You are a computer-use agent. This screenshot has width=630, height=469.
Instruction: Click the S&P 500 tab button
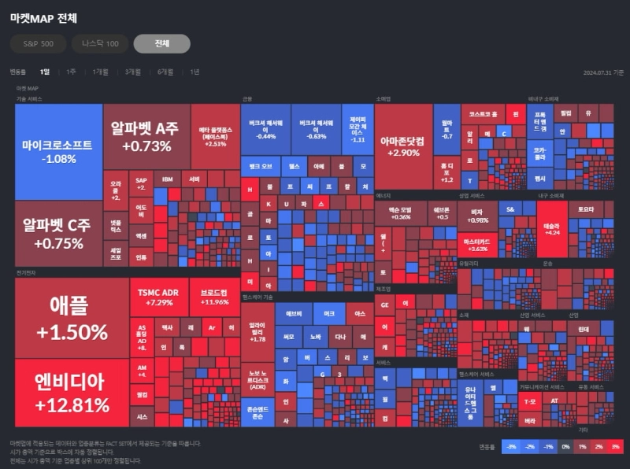pos(38,43)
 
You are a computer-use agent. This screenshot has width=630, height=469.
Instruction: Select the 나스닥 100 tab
pos(100,43)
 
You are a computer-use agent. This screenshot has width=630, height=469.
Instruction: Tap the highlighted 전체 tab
pos(161,43)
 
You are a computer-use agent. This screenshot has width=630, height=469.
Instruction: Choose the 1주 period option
pos(71,72)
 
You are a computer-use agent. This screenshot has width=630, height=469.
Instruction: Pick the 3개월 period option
pos(132,72)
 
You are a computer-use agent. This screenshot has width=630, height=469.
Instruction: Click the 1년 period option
pos(195,72)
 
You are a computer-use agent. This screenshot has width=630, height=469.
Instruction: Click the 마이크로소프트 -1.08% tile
pos(59,151)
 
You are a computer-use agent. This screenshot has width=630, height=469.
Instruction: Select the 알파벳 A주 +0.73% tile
pos(146,137)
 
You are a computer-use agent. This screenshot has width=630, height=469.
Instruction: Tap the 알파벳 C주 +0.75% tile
pos(58,234)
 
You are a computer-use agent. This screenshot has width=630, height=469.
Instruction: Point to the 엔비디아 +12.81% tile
pos(71,393)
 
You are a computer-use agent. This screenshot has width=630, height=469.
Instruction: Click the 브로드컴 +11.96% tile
pos(214,296)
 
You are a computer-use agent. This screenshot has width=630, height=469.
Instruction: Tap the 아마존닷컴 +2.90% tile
pos(402,146)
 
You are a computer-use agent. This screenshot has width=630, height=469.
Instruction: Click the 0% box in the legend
pos(565,446)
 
